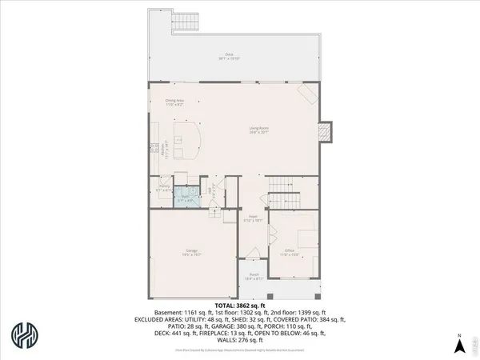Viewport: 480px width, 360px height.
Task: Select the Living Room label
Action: (258, 129)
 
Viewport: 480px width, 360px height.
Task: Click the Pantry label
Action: (162, 190)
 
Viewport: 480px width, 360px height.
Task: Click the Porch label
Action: (254, 277)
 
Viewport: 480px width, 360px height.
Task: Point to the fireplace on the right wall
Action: (325, 132)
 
